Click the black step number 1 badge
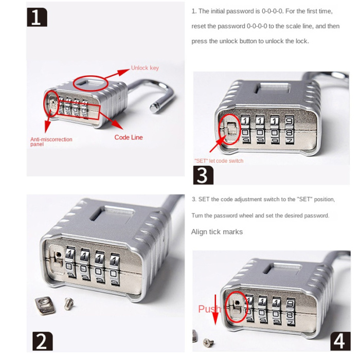[37, 17]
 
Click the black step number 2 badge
[42, 341]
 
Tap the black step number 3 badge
[203, 175]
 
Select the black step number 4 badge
[340, 341]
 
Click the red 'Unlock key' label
[145, 68]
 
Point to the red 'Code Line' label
[129, 137]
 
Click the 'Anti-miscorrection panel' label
[51, 141]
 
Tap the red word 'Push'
[210, 309]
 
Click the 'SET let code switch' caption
[219, 161]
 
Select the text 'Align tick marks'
[217, 232]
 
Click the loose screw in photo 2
[69, 303]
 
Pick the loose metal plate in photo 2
[45, 305]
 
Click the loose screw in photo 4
[208, 343]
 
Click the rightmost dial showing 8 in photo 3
[290, 130]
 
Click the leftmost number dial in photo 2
[70, 263]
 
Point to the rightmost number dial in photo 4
[291, 312]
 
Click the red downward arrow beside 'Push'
[215, 310]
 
